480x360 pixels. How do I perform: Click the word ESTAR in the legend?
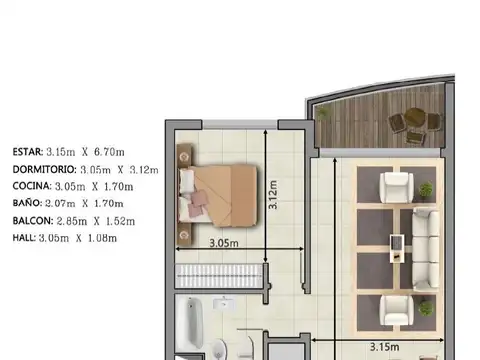click(x=27, y=152)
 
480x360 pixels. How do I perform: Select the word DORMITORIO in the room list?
click(x=44, y=169)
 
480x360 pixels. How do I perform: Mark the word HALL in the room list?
click(x=24, y=237)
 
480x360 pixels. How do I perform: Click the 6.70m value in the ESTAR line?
click(x=125, y=152)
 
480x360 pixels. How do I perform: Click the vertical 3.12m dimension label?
click(x=271, y=189)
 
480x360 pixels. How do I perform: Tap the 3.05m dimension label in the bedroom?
click(x=222, y=243)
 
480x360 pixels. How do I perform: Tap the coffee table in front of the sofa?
click(x=398, y=240)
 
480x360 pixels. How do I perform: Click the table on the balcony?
click(x=412, y=121)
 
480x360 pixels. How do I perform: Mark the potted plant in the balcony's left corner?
click(x=323, y=113)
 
